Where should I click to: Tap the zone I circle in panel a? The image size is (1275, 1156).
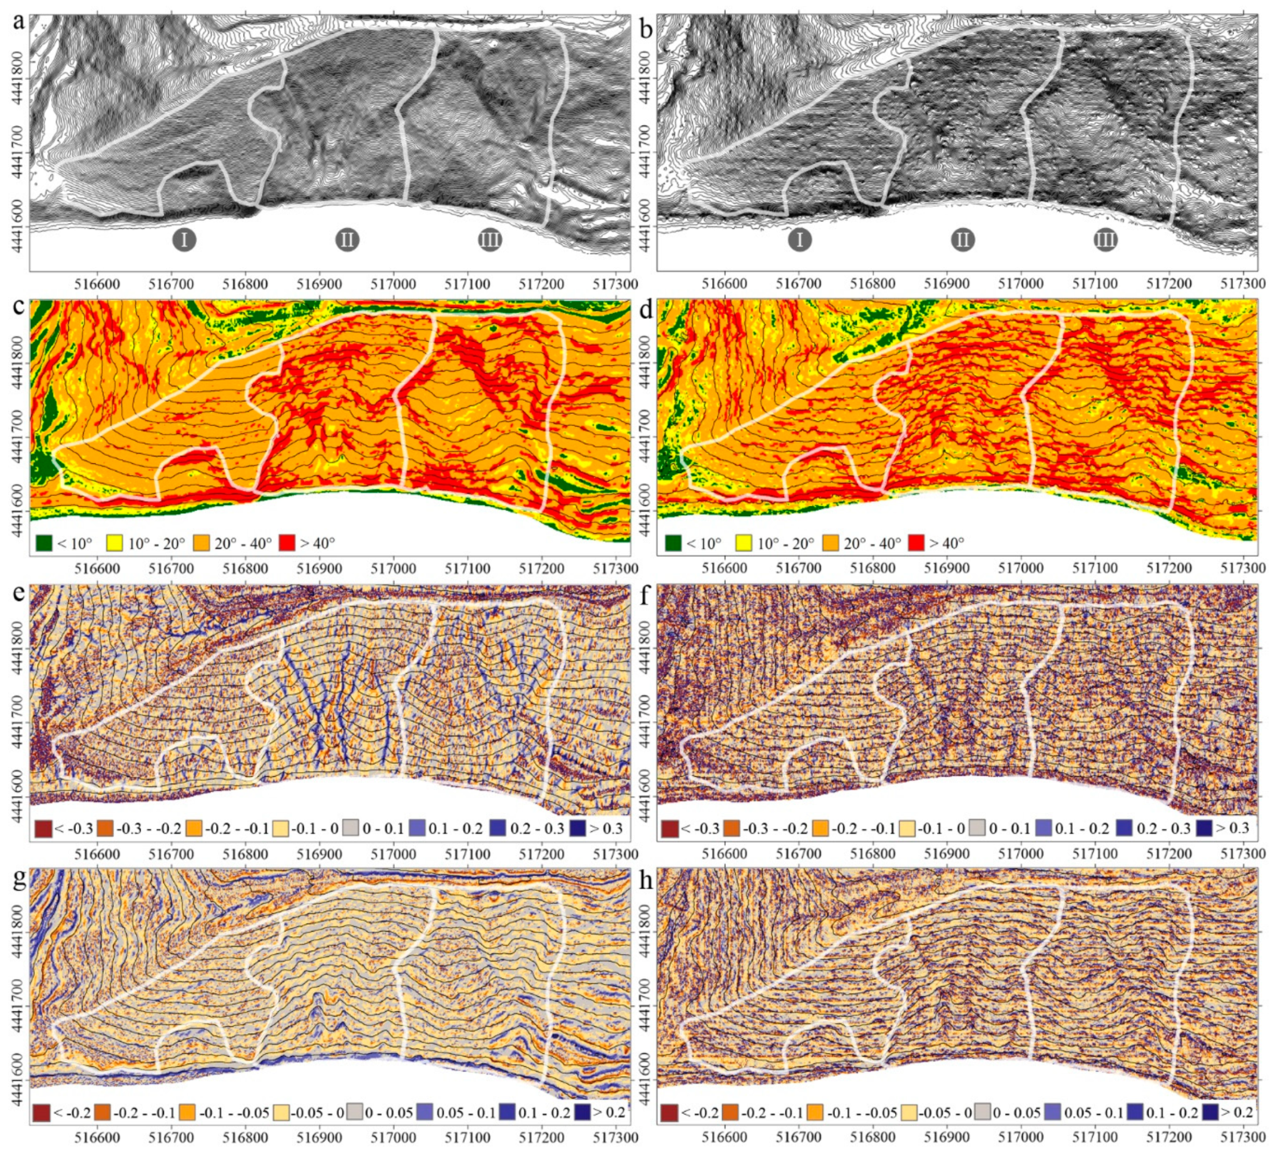coord(184,240)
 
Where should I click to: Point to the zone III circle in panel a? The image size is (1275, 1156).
coord(489,240)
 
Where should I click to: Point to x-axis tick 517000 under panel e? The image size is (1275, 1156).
coord(393,854)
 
